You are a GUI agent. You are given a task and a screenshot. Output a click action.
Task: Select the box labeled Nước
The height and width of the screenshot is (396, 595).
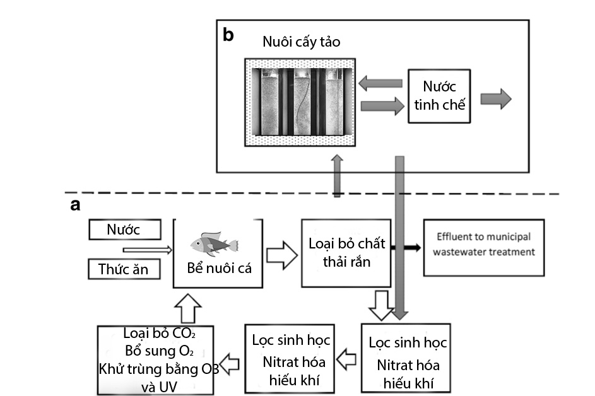123,230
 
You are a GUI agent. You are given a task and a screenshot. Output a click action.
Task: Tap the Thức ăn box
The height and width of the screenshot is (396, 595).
123,269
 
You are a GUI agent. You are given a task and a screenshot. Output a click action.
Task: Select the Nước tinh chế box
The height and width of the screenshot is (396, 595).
440,96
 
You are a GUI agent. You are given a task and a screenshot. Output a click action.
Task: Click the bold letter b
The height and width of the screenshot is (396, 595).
228,35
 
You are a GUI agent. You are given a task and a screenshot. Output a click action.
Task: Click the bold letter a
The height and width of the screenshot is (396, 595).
75,206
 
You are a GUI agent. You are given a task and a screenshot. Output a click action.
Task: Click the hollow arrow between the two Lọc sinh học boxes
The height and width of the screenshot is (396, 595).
346,361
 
